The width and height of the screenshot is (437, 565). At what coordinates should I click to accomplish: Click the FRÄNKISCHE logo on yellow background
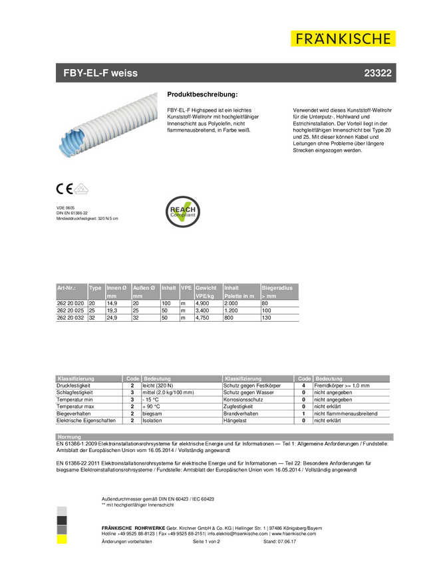(343, 39)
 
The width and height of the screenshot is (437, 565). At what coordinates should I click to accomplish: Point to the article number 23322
(377, 73)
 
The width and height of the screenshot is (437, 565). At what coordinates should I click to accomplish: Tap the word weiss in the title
(124, 73)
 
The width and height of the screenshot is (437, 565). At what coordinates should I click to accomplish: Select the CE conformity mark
(64, 189)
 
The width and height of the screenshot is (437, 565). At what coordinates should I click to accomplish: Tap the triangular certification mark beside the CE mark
(82, 189)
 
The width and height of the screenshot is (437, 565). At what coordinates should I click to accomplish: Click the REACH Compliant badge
(183, 211)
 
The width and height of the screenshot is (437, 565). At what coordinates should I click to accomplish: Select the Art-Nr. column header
(67, 288)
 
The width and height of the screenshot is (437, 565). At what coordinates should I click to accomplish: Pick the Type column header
(95, 288)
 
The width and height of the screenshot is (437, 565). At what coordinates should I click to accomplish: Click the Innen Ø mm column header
(117, 292)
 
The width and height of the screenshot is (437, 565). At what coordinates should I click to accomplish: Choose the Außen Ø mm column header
(144, 292)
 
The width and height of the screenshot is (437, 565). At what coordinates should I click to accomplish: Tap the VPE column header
(186, 288)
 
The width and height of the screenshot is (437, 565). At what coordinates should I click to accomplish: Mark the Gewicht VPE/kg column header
(206, 292)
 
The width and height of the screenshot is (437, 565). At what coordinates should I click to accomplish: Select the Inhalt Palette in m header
(239, 292)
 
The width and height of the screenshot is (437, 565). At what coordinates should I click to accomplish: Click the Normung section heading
(69, 437)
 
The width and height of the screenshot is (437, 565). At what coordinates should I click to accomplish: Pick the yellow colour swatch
(62, 540)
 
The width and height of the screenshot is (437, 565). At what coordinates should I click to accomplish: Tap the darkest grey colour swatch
(62, 520)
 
